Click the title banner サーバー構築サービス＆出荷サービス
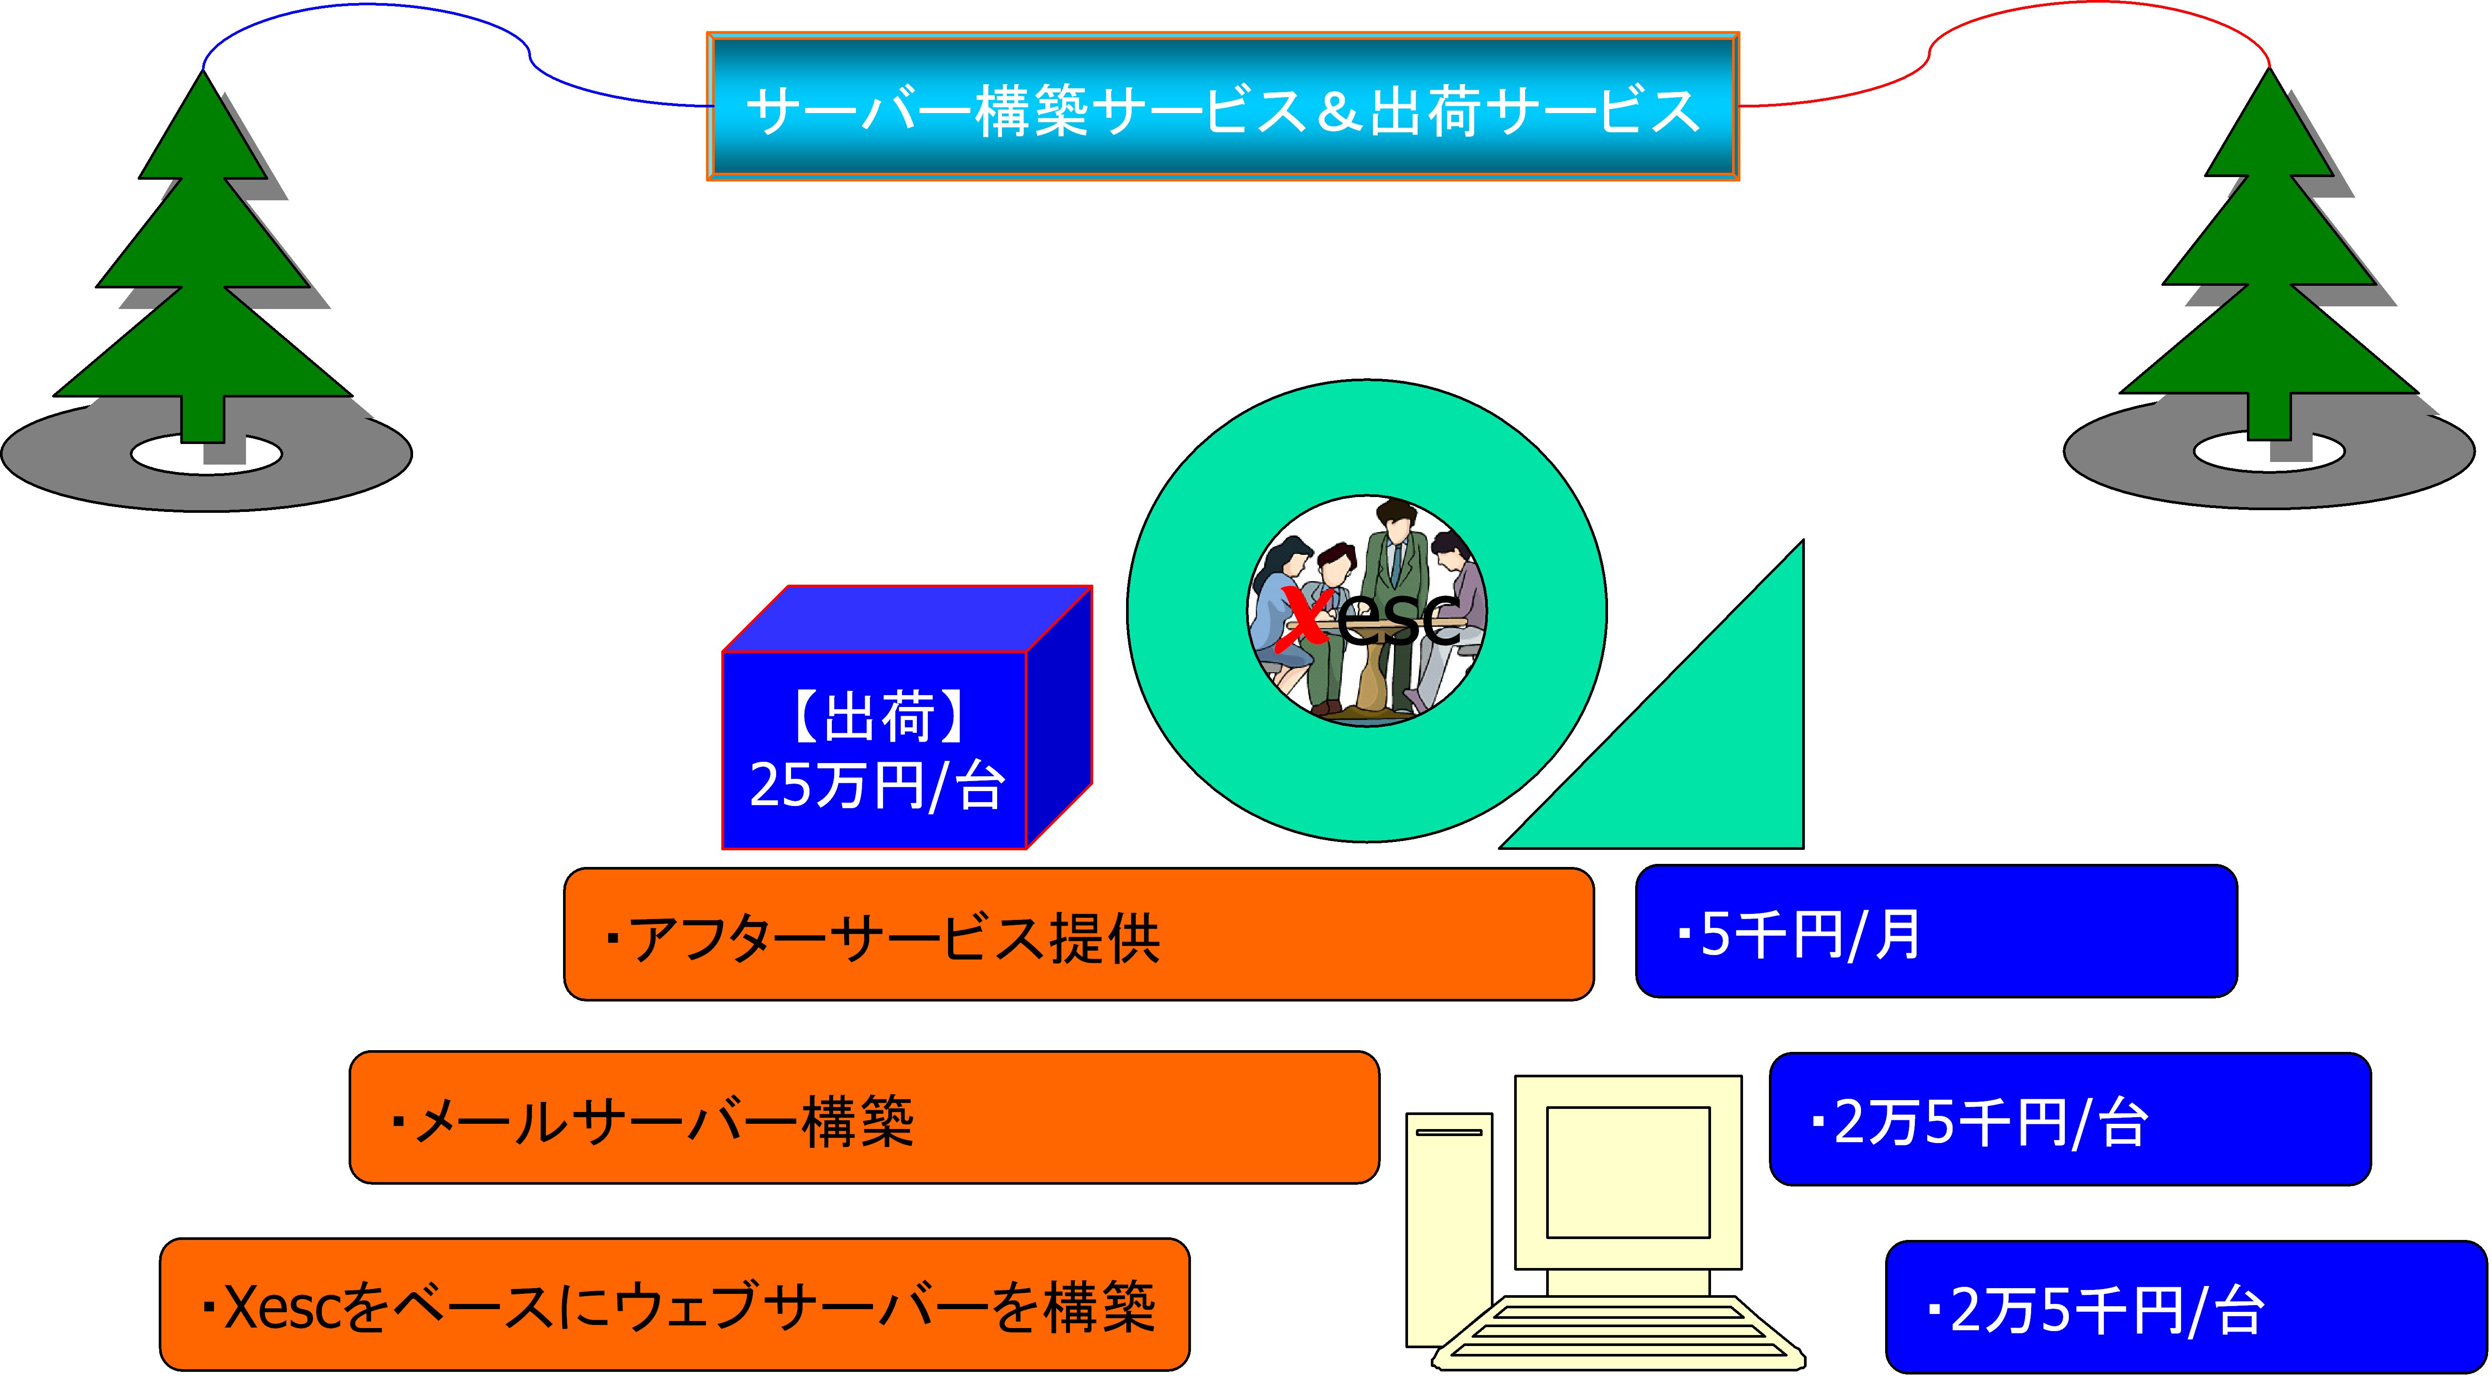pyautogui.click(x=1223, y=107)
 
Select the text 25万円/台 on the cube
pyautogui.click(x=876, y=785)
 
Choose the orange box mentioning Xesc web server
pyautogui.click(x=674, y=1304)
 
